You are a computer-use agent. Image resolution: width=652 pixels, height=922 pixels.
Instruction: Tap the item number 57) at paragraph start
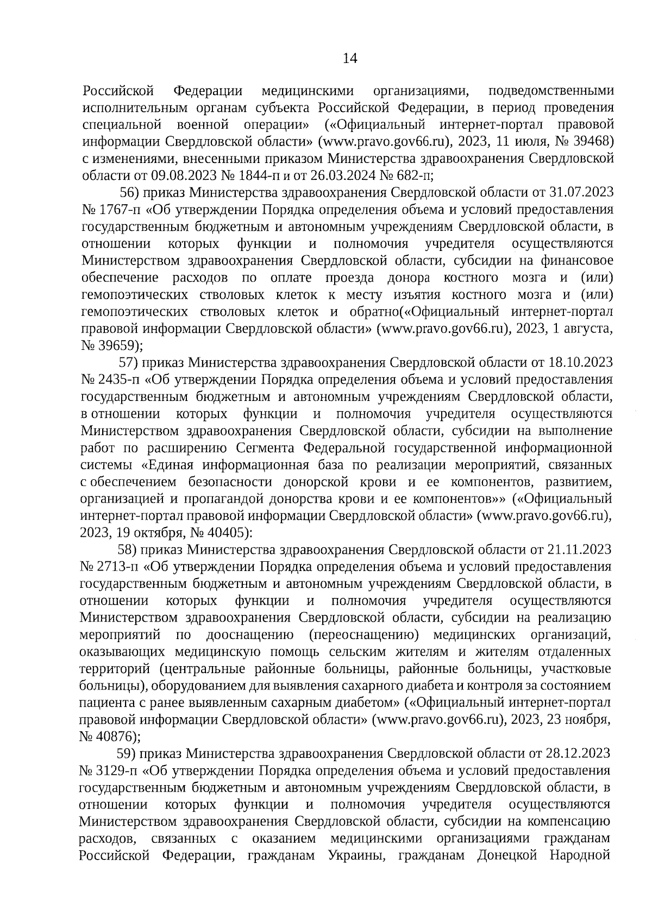(130, 363)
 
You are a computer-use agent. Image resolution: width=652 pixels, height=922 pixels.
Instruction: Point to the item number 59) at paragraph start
(128, 754)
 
